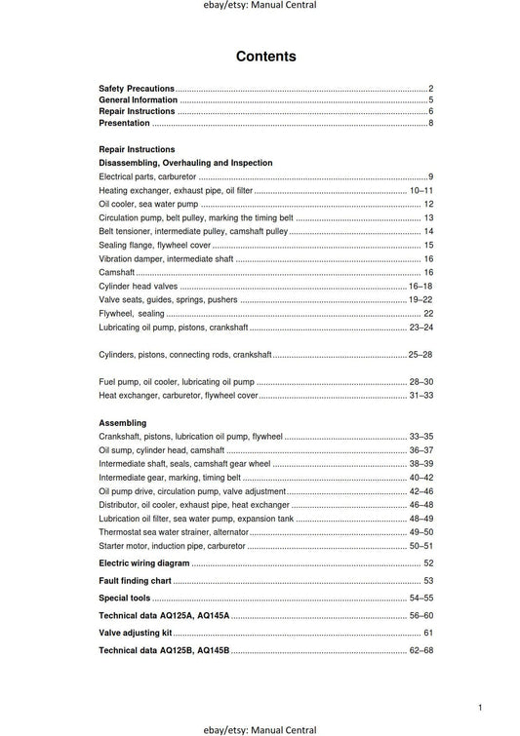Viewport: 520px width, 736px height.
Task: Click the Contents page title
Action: [x=265, y=57]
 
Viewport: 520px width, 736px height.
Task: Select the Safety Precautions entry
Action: [x=137, y=89]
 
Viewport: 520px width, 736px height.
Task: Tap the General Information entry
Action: [x=139, y=100]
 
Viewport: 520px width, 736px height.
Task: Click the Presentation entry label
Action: [x=125, y=124]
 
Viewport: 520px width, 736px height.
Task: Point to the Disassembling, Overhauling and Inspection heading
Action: [x=185, y=163]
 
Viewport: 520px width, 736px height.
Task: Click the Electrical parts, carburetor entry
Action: [x=147, y=176]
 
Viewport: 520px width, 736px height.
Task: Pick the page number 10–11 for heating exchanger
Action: [x=421, y=191]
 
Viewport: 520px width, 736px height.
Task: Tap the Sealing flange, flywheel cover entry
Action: [x=154, y=246]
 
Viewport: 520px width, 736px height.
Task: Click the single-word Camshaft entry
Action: [x=117, y=273]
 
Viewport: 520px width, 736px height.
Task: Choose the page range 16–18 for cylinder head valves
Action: [x=420, y=287]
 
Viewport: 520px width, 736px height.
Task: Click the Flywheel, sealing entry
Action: [x=132, y=314]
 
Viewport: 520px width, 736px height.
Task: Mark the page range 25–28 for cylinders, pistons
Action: [x=420, y=355]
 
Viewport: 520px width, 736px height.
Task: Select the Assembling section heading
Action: [x=123, y=423]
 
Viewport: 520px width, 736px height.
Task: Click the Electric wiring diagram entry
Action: [x=144, y=563]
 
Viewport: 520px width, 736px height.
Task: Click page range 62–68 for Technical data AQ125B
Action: [x=421, y=649]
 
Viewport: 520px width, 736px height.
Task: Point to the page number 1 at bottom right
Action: [x=481, y=706]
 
